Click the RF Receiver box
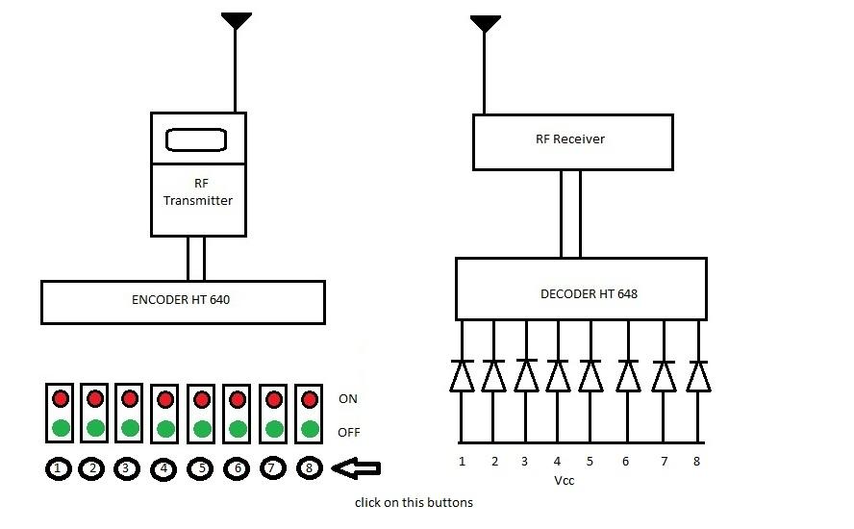click(570, 140)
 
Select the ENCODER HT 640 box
click(183, 301)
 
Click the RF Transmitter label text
click(198, 191)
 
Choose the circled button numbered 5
click(201, 468)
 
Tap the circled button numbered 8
click(309, 468)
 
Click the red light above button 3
click(130, 397)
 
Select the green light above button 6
click(238, 428)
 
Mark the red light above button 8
click(309, 397)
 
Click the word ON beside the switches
click(348, 398)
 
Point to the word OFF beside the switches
click(349, 432)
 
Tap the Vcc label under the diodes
click(565, 480)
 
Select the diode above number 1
click(462, 375)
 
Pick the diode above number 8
click(699, 375)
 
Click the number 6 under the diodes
click(625, 462)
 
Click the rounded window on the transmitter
click(197, 140)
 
